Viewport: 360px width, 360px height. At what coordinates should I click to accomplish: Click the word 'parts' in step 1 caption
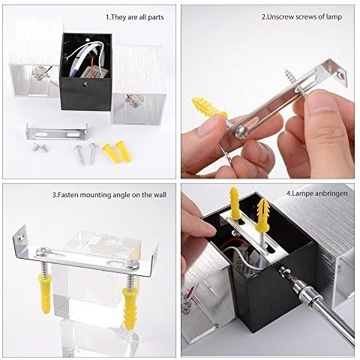(x=156, y=17)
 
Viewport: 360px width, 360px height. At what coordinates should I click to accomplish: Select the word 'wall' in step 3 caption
(x=160, y=195)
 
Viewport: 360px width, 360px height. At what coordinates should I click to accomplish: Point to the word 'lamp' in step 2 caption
(x=334, y=17)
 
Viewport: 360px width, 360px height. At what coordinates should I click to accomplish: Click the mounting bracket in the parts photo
(x=57, y=132)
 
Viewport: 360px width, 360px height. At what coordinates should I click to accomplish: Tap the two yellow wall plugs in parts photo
(x=117, y=151)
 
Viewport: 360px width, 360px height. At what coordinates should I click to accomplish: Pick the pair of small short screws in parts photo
(x=40, y=148)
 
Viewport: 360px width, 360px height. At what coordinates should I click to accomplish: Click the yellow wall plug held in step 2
(x=208, y=108)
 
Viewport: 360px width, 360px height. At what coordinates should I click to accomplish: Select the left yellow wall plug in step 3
(x=45, y=293)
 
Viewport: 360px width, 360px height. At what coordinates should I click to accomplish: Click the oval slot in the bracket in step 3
(x=115, y=263)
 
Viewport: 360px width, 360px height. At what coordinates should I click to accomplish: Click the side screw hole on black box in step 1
(x=85, y=84)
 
